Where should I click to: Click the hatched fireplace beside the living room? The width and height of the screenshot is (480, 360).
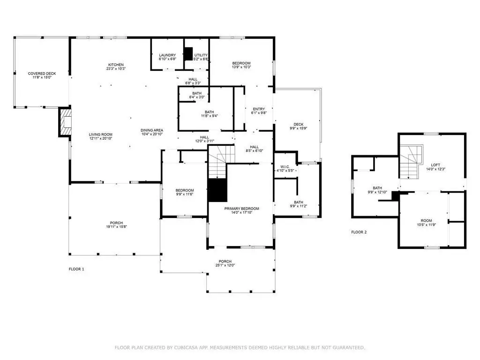point(65,121)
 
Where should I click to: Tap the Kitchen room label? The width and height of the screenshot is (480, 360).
point(116,65)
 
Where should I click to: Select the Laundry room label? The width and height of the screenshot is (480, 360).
point(167,55)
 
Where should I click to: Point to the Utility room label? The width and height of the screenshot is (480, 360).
point(201,55)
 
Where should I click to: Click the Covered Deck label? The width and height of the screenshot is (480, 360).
point(42,74)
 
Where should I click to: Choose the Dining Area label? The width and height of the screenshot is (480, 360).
point(152,130)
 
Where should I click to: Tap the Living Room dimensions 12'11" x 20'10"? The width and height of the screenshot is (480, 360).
point(101,138)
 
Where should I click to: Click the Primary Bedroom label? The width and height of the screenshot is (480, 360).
point(242,209)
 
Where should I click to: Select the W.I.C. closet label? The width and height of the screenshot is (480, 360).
point(285,167)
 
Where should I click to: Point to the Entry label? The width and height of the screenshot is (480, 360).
point(259,109)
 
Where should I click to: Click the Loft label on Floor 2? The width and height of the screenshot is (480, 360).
point(435,165)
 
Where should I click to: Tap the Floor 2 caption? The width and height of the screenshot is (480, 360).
point(359,232)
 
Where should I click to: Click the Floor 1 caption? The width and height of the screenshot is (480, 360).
point(76,269)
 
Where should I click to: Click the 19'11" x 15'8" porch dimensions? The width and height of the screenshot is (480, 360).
point(116,227)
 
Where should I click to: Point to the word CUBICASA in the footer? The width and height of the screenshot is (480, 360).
point(187,347)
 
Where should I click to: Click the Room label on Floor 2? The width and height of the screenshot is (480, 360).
point(427,220)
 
